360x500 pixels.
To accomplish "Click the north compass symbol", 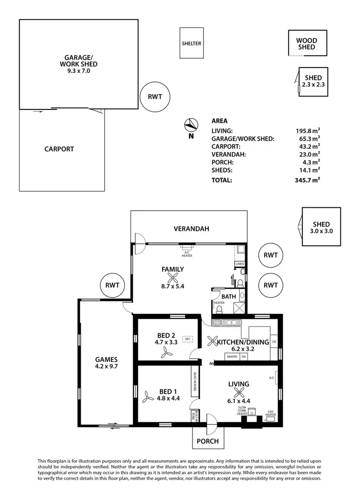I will click(191, 125).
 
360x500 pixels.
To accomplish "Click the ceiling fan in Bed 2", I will click(166, 354).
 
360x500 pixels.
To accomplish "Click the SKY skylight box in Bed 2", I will click(188, 339).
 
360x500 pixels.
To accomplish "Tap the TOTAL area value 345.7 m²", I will click(308, 180).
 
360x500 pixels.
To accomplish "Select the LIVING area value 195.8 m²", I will click(308, 131).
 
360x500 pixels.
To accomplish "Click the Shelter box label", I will click(191, 44).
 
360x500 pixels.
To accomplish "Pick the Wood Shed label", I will click(306, 44).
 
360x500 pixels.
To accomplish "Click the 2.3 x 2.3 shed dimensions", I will click(313, 84).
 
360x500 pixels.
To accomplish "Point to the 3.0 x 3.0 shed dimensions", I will click(321, 231).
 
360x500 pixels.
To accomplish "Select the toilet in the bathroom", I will click(218, 310).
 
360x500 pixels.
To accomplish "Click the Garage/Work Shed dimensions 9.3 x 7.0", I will click(79, 71).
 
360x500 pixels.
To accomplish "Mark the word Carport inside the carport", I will click(59, 149).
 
